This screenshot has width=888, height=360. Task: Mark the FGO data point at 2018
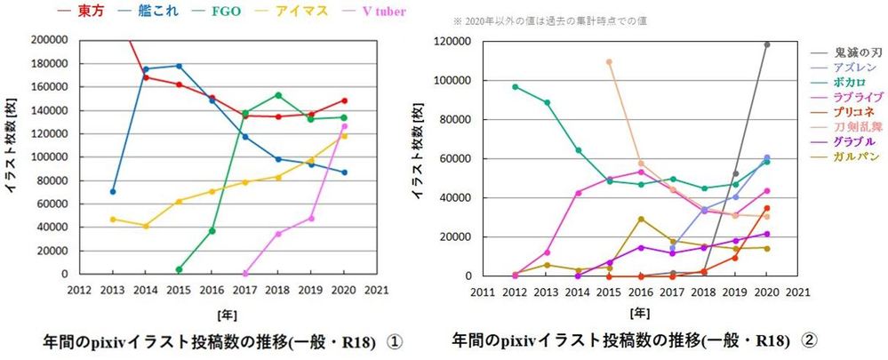tap(278, 95)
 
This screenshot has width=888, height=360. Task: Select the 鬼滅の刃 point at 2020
tap(766, 44)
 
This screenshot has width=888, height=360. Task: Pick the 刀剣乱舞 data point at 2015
tap(609, 61)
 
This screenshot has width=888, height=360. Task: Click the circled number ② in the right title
tap(809, 340)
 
